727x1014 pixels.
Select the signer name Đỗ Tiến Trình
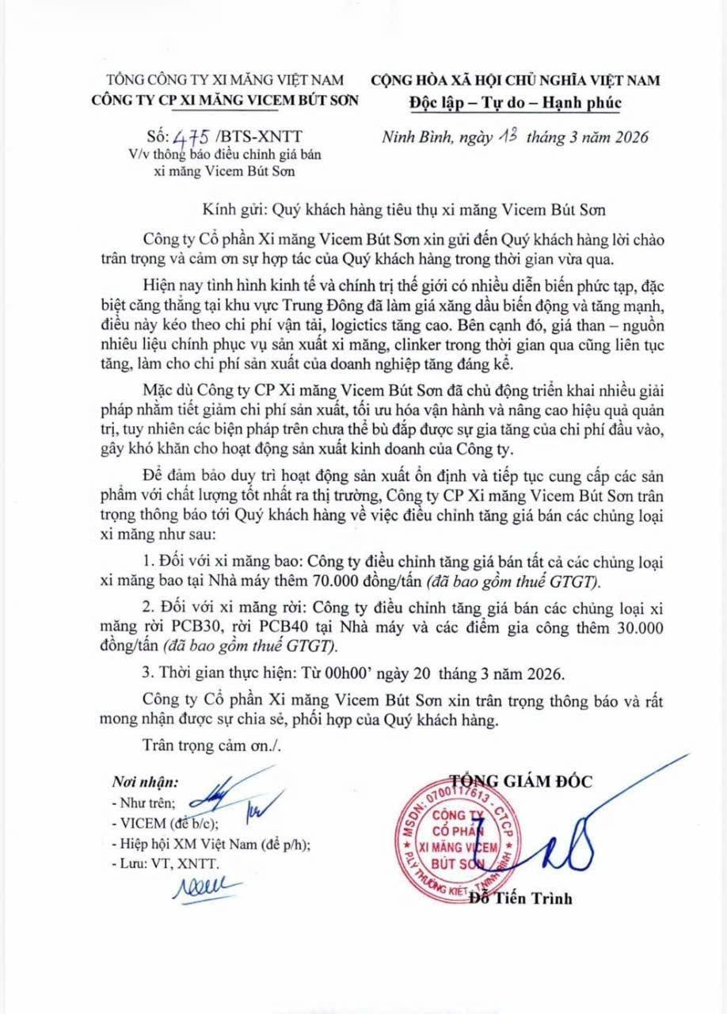click(520, 898)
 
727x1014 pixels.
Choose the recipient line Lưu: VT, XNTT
click(168, 863)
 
